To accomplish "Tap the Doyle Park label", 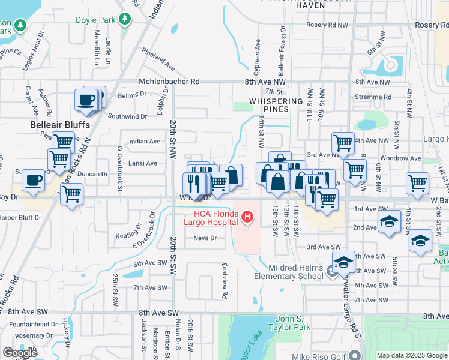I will coord(95,20).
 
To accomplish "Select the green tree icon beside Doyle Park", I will coord(125,19).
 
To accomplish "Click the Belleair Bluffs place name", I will coord(60,125).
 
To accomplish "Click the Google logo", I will coord(20,353).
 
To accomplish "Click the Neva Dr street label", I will coord(205,238).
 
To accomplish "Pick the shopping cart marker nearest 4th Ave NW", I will coord(343,143).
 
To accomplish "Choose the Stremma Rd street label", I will coord(373,97).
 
